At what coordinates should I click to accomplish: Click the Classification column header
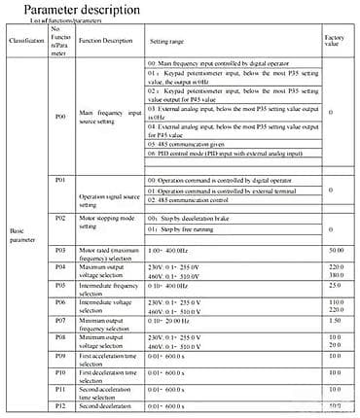(26, 43)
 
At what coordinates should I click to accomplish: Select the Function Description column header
(104, 42)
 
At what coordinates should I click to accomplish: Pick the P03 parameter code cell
(60, 251)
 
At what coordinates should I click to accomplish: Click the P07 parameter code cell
(60, 319)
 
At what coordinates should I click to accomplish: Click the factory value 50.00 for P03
(336, 251)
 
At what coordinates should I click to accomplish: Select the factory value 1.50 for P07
(336, 320)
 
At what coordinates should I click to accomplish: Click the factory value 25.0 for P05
(336, 285)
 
